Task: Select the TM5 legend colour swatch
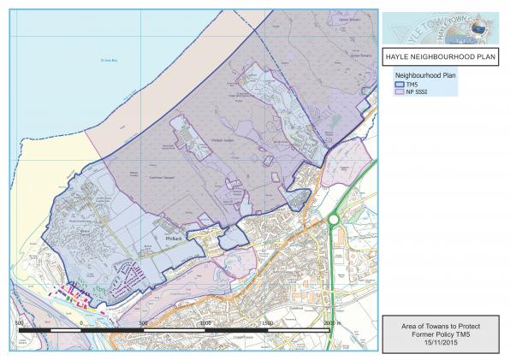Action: pyautogui.click(x=398, y=86)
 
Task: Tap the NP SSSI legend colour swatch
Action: pyautogui.click(x=398, y=96)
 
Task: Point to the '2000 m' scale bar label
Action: pyautogui.click(x=331, y=322)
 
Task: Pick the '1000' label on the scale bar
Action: pyautogui.click(x=205, y=322)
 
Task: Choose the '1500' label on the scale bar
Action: pyautogui.click(x=268, y=322)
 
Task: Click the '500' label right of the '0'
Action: pyautogui.click(x=143, y=322)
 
